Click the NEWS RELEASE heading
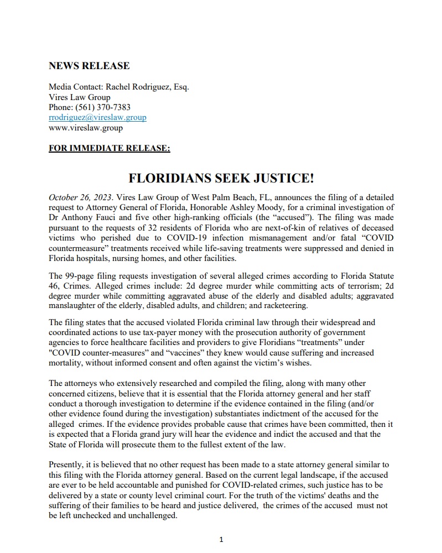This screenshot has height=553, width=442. click(x=89, y=66)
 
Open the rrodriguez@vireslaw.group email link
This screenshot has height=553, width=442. click(x=97, y=117)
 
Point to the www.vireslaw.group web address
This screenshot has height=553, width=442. click(x=86, y=128)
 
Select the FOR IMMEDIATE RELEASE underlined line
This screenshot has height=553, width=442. click(x=110, y=148)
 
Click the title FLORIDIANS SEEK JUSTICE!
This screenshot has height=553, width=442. click(x=221, y=178)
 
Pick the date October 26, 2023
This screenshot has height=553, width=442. click(x=79, y=196)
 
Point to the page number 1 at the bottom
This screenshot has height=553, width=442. click(x=221, y=540)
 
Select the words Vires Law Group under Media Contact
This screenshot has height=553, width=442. click(x=79, y=97)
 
